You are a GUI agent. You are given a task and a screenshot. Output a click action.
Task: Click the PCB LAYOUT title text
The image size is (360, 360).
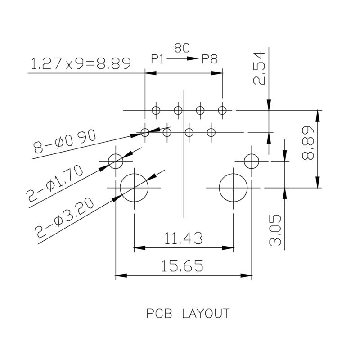tap(188, 313)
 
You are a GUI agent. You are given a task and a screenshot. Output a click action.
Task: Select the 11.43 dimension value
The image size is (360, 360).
tap(184, 237)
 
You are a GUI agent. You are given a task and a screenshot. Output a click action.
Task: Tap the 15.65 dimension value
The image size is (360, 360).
tap(183, 266)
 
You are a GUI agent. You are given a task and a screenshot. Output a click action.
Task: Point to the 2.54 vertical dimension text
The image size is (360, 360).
tap(260, 67)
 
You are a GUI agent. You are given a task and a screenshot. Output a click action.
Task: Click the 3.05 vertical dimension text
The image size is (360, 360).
tap(275, 230)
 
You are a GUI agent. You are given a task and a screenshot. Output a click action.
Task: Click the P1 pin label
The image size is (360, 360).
tap(158, 59)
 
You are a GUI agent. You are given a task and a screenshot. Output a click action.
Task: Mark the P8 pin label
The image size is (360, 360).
tap(210, 59)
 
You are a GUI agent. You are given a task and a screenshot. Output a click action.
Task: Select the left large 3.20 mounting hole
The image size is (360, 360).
tap(134, 188)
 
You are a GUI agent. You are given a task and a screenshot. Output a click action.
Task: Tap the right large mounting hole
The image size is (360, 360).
tap(233, 188)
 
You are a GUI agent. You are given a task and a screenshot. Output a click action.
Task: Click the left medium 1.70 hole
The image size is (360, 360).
tap(116, 160)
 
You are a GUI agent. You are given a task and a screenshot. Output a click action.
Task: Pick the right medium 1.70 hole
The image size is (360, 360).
tap(251, 160)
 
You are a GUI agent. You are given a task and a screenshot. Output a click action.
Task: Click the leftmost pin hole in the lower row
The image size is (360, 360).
tap(145, 132)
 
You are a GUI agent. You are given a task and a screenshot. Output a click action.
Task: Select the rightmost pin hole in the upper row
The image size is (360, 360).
tap(222, 110)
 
